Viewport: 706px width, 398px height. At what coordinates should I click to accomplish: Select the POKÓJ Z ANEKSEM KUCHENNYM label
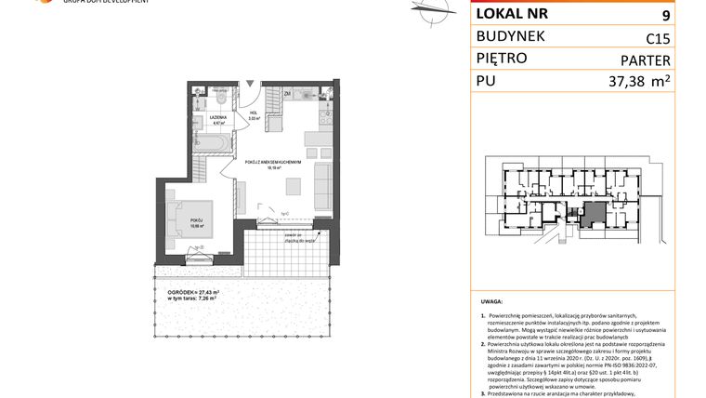272,161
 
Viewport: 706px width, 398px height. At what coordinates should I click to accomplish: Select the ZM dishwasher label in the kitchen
288,94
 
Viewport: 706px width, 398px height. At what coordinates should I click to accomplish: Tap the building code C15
658,38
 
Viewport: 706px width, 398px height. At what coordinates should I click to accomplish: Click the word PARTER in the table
643,60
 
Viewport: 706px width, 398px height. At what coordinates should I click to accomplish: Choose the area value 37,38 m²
636,84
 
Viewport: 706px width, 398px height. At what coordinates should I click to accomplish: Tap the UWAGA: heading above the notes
492,302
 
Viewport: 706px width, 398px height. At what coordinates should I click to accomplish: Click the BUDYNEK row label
510,36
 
